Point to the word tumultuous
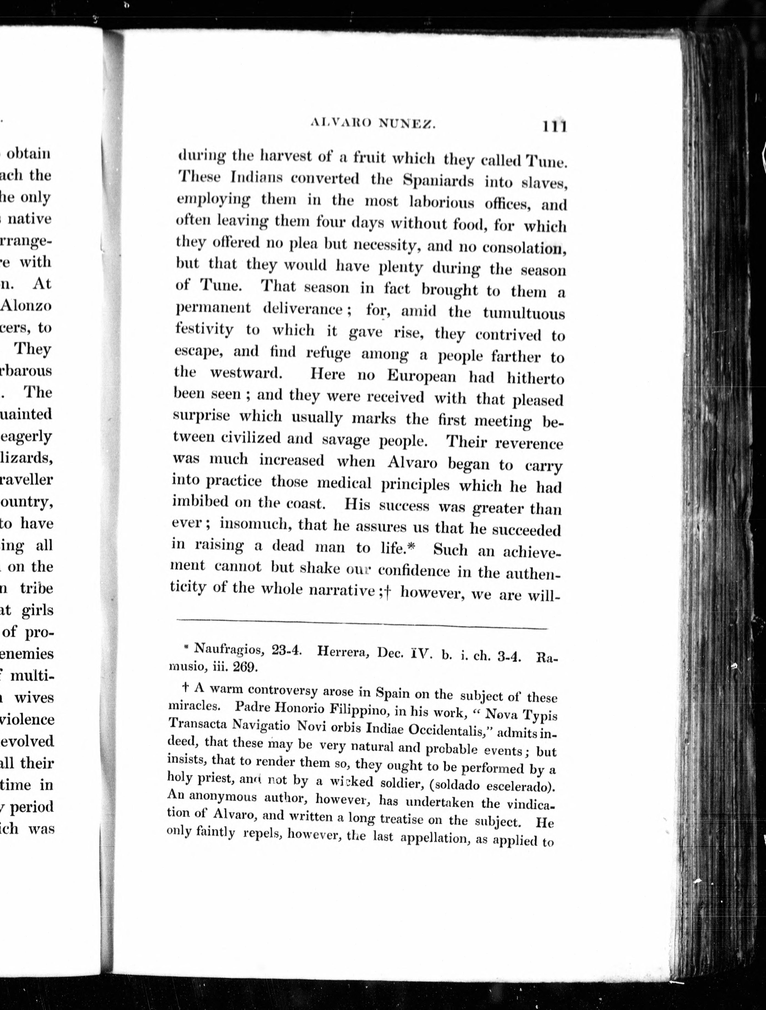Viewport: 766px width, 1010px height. click(524, 313)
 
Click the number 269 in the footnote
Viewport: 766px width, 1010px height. click(245, 667)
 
